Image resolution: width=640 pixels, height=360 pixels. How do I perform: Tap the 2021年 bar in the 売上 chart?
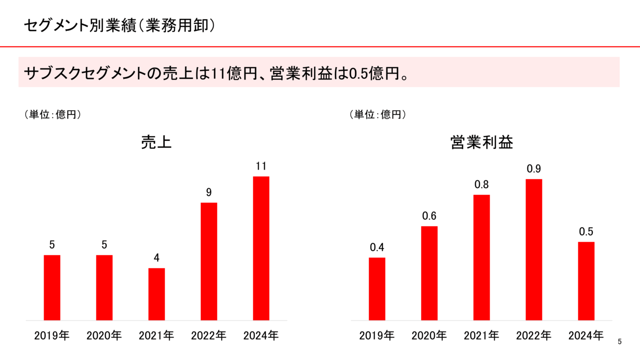coord(156,294)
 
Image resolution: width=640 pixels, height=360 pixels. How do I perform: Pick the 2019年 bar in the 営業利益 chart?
coord(377,289)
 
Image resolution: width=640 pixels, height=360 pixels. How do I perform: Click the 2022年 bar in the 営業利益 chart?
coord(534,250)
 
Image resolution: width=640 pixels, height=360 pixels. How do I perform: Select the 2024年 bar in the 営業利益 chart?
coord(586,281)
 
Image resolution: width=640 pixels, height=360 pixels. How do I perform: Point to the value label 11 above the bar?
coord(261,166)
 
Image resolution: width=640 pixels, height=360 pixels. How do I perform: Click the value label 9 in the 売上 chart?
coord(209,192)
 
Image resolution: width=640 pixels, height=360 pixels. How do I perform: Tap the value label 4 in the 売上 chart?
coord(156,258)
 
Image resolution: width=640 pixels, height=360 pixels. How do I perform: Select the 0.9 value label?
coord(534,169)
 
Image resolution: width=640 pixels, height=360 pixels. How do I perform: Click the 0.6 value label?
coord(429,216)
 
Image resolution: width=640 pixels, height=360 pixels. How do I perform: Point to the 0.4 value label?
coord(377,248)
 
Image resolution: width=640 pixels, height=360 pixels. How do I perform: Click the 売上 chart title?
coord(156,142)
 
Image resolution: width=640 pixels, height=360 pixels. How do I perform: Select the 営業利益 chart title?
coord(482,142)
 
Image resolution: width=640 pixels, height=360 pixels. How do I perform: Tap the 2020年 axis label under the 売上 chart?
coord(104,335)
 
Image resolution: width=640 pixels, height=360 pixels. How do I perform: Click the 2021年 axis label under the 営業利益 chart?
coord(481,335)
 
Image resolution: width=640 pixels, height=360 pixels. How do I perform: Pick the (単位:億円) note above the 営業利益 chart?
coord(378,115)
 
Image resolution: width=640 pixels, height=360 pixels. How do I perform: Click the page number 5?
coord(620,342)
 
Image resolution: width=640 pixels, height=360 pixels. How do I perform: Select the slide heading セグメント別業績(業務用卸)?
coord(119,26)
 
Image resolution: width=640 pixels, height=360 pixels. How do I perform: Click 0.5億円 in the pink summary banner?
coord(374,73)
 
